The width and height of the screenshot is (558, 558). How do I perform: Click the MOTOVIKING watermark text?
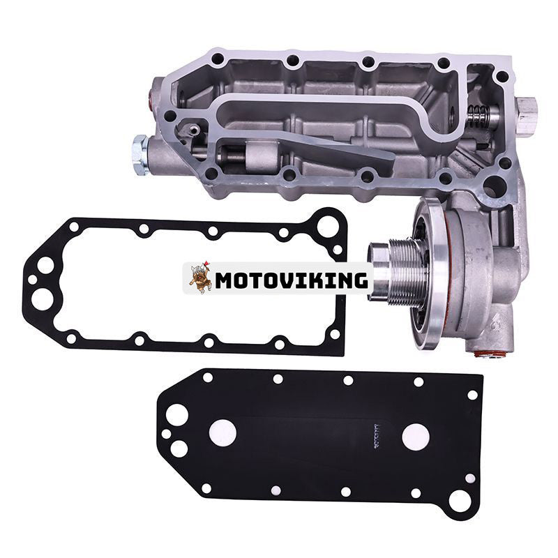(x=291, y=280)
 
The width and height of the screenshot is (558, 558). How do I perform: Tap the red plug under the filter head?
(x=481, y=354)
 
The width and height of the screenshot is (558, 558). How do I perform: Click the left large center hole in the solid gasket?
(x=225, y=431)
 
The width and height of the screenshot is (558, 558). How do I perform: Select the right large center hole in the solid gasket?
(x=416, y=435)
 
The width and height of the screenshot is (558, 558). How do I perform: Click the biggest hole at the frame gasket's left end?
(x=45, y=265)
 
